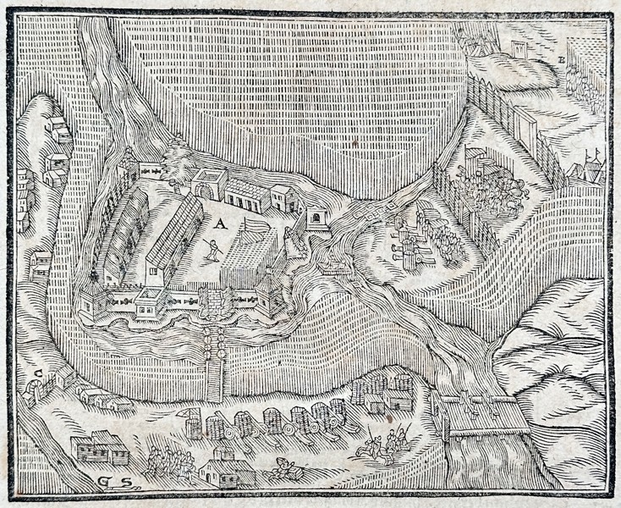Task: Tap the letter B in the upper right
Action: pyautogui.click(x=562, y=59)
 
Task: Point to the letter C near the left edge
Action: pyautogui.click(x=39, y=373)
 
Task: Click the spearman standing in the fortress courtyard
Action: pyautogui.click(x=215, y=250)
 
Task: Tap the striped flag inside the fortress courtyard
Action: pyautogui.click(x=251, y=227)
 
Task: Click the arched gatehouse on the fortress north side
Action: pyautogui.click(x=209, y=183)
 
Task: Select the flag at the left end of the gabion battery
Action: pyautogui.click(x=181, y=414)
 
